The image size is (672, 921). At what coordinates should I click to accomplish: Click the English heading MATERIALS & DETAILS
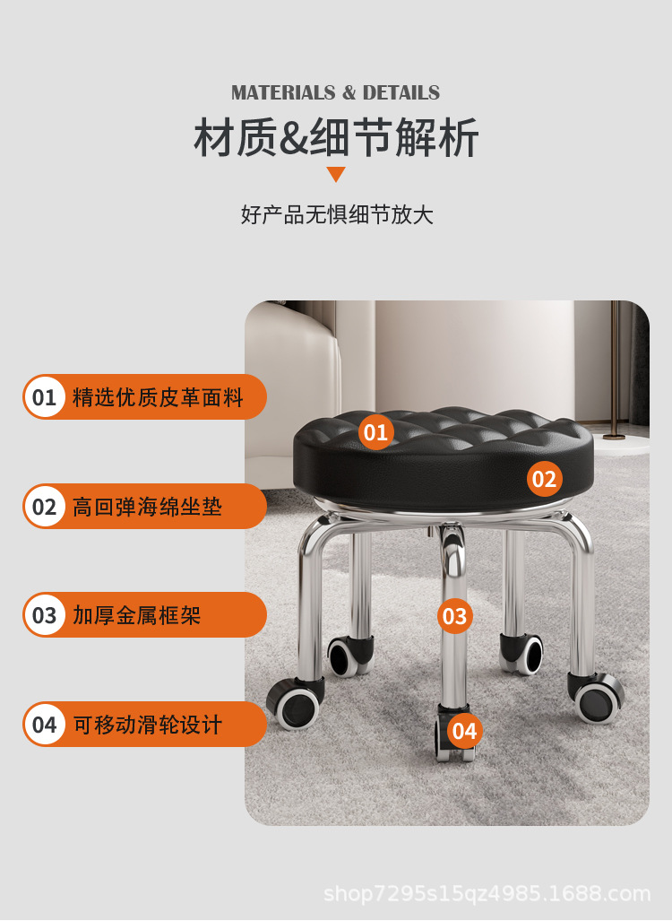coord(335,93)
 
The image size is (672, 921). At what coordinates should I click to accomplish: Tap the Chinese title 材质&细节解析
coord(336,138)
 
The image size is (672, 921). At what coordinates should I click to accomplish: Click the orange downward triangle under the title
coord(336,174)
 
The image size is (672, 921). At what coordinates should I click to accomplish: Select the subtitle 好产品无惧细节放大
coord(336,215)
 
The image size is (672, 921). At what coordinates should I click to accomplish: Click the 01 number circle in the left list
coord(45,397)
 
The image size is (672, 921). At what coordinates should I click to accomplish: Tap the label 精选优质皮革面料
coord(158,397)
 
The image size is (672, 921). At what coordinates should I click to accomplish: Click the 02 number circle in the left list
coord(45,507)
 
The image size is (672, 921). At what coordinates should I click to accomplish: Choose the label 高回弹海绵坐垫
coord(147,507)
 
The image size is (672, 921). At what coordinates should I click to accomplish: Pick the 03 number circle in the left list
coord(45,615)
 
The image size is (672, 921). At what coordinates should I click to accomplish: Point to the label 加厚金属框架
coord(136,615)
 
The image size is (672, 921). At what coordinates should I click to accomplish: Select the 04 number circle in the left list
coord(45,725)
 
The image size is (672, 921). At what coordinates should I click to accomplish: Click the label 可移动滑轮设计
coord(147,725)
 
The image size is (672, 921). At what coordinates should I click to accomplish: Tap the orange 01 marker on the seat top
coord(375,433)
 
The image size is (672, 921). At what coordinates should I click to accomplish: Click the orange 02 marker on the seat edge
coord(544,479)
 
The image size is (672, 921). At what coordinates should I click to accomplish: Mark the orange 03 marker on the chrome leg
coord(454,616)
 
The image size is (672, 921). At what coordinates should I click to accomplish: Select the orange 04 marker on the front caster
coord(464,731)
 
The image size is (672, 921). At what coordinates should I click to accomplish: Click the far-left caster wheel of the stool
coord(294,704)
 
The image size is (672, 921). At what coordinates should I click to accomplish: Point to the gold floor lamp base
coord(615,436)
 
